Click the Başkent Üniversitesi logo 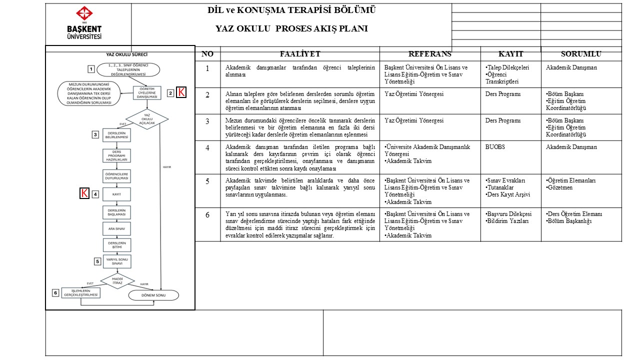[x=84, y=23]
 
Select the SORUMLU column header [x=581, y=54]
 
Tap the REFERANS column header [x=429, y=54]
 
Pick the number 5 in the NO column [x=207, y=180]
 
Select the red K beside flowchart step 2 [x=182, y=92]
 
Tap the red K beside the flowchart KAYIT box [x=85, y=193]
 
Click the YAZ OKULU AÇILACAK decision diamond [x=146, y=119]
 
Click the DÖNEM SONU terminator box [x=153, y=295]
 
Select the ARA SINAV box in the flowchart [x=117, y=228]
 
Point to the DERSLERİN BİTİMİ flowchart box [x=117, y=245]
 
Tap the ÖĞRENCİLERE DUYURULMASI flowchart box [x=117, y=176]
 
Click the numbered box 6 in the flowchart [x=56, y=292]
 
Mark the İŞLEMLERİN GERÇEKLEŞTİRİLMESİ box [x=80, y=292]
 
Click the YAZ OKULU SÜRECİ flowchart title [x=126, y=54]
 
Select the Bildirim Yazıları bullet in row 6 [x=508, y=221]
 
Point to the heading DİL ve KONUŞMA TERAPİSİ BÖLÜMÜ [x=291, y=10]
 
